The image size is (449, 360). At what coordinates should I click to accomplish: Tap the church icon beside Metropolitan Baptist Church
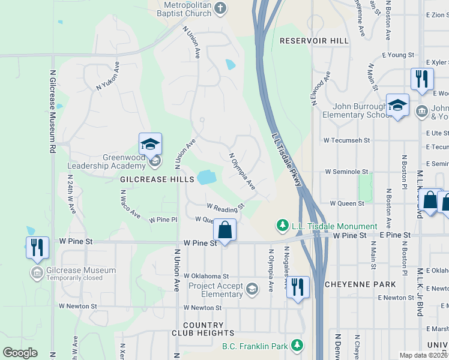pyautogui.click(x=220, y=8)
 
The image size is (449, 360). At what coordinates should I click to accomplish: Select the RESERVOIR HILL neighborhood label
pyautogui.click(x=314, y=41)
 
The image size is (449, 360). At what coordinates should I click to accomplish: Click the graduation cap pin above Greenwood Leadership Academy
pyautogui.click(x=150, y=145)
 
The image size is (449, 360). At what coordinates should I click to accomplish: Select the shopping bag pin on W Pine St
pyautogui.click(x=224, y=230)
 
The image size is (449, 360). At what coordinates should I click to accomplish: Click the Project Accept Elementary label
pyautogui.click(x=215, y=290)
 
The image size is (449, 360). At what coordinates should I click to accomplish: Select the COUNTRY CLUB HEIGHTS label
pyautogui.click(x=194, y=329)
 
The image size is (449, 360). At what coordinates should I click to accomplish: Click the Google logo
pyautogui.click(x=20, y=353)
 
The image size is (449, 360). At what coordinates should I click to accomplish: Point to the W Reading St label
pyautogui.click(x=226, y=207)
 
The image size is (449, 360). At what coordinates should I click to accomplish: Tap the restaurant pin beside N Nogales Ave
pyautogui.click(x=298, y=287)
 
